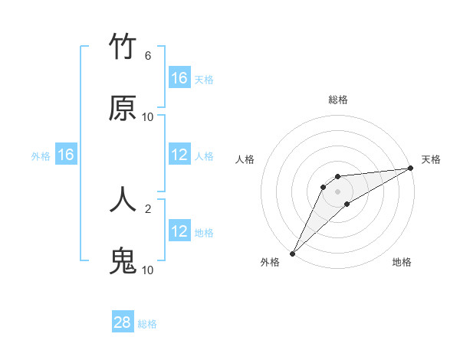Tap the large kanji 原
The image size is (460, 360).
[123, 109]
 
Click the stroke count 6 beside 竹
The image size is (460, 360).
[148, 56]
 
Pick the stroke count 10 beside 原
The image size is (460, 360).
[148, 117]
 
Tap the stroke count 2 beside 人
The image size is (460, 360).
[148, 208]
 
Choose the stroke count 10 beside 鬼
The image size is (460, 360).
[148, 270]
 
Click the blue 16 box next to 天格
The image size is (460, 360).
[179, 78]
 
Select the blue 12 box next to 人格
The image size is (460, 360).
[179, 155]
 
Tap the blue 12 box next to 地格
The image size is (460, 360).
[179, 231]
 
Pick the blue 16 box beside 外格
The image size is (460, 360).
[66, 155]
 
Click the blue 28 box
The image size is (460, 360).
[123, 322]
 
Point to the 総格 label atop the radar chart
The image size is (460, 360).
[338, 100]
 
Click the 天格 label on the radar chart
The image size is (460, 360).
[431, 159]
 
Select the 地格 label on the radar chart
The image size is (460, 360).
[402, 262]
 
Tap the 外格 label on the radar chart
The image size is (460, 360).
[270, 262]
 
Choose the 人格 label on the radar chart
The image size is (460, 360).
[245, 159]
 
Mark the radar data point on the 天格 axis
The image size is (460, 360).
[410, 168]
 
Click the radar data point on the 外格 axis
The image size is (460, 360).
[292, 253]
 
